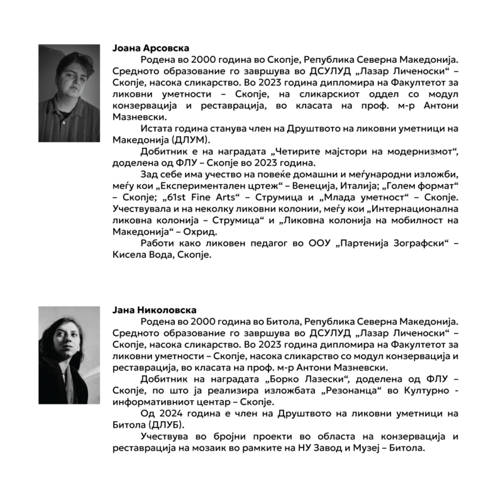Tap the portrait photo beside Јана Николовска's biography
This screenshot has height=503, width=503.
click(x=69, y=348)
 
